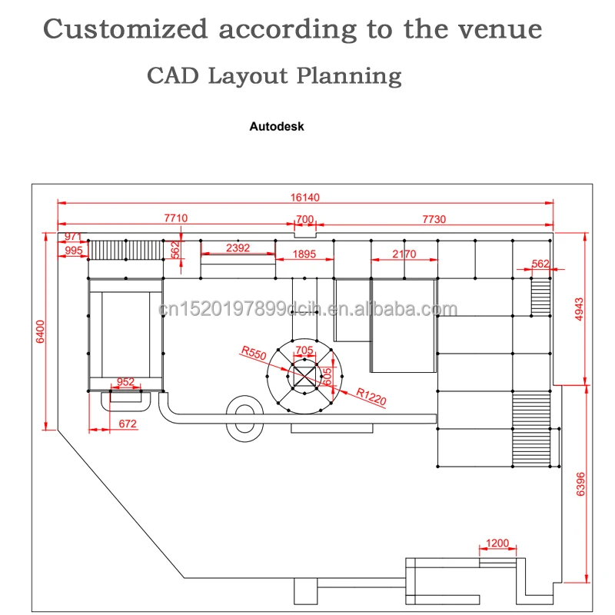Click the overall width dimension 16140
click(305, 197)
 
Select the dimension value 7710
click(176, 218)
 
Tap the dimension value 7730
click(434, 218)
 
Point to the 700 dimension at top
click(305, 219)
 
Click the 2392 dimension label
click(238, 248)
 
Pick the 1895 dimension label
click(305, 254)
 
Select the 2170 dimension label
click(404, 254)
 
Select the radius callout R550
click(252, 354)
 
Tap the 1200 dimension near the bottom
click(497, 544)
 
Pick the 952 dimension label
click(125, 381)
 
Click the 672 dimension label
click(128, 423)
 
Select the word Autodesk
click(277, 126)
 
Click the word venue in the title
click(500, 29)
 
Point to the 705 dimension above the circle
click(304, 350)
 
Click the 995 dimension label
click(74, 251)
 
